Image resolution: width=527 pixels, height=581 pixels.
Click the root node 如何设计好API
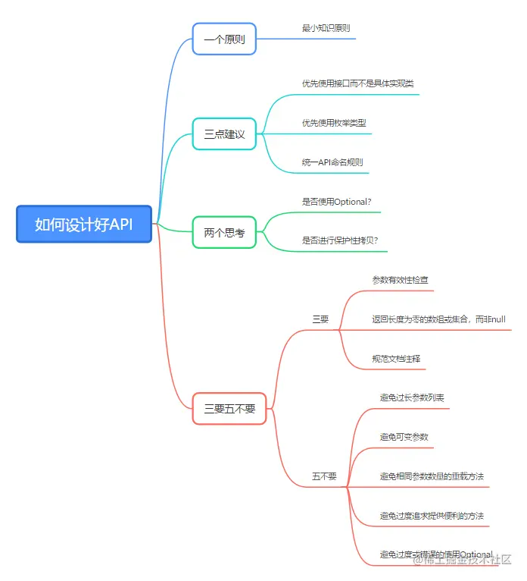[84, 225]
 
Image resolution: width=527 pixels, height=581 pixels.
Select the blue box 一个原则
[224, 39]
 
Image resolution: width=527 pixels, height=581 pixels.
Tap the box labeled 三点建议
[224, 134]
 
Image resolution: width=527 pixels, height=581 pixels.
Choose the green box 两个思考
[224, 233]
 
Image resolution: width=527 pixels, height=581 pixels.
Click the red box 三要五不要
[229, 408]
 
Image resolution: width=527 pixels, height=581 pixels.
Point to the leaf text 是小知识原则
[326, 28]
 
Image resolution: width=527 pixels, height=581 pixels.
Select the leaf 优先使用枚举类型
[334, 122]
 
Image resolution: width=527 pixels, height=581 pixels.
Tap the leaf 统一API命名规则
[332, 162]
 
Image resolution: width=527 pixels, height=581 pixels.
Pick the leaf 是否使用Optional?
[336, 201]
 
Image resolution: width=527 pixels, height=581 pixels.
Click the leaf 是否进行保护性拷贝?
[339, 240]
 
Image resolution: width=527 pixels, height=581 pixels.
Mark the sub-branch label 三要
[320, 319]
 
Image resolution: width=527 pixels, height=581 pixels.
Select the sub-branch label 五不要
[324, 476]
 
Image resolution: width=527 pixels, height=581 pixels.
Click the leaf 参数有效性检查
[401, 280]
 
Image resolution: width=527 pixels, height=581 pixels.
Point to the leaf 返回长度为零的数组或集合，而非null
[438, 319]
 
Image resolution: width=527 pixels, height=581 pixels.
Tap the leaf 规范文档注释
[396, 358]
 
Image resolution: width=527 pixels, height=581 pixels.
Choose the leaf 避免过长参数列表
[412, 397]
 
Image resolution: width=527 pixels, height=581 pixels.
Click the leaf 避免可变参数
[404, 437]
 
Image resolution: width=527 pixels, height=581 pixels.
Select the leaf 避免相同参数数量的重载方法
[432, 476]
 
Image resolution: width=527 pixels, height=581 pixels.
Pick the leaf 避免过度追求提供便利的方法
[432, 516]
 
